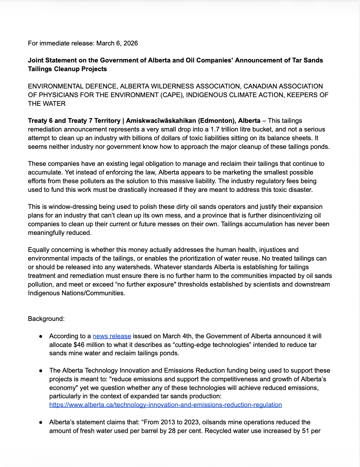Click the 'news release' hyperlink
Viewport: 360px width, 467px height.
coord(112,336)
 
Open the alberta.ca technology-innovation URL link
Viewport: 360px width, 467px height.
coord(165,405)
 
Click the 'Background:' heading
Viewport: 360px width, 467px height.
coord(46,319)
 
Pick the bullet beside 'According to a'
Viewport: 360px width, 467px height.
coord(41,336)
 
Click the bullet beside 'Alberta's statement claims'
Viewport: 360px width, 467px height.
coord(41,422)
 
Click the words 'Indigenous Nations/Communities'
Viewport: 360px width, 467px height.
coord(76,293)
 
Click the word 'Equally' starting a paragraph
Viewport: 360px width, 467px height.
coord(39,250)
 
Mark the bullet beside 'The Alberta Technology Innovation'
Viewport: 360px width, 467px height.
coord(41,371)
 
